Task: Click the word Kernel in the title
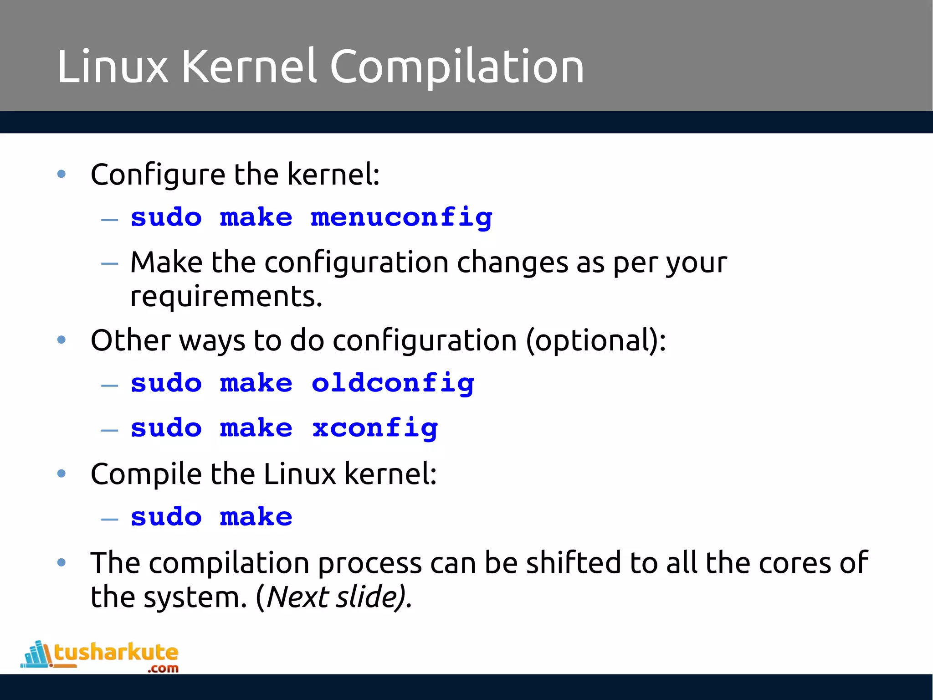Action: pyautogui.click(x=249, y=67)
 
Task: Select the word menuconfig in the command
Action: pyautogui.click(x=401, y=218)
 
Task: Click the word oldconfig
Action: pyautogui.click(x=393, y=384)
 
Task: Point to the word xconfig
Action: pyautogui.click(x=374, y=428)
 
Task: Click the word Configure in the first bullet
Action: pyautogui.click(x=158, y=175)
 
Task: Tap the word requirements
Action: pyautogui.click(x=226, y=297)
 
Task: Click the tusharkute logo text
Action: pyautogui.click(x=116, y=653)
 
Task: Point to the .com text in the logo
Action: pyautogui.click(x=163, y=669)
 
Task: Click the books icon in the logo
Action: pyautogui.click(x=36, y=654)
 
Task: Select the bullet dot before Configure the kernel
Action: pyautogui.click(x=62, y=174)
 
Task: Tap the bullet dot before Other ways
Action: pyautogui.click(x=62, y=340)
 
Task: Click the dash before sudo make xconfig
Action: pyautogui.click(x=110, y=430)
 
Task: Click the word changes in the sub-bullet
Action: pyautogui.click(x=513, y=263)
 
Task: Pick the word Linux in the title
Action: pyautogui.click(x=113, y=67)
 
